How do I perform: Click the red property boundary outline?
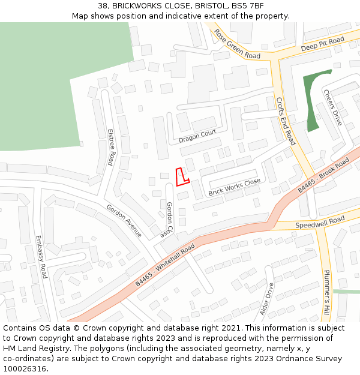coord(181,177)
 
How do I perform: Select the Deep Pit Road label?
coord(322,44)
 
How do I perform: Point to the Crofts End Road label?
coord(286,121)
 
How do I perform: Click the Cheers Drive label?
coord(332,107)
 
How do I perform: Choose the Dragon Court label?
coord(197,137)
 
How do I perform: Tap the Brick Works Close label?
coord(234,187)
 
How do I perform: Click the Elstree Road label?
coord(111,146)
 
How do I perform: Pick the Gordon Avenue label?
coord(124,221)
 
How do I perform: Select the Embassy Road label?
coord(41,256)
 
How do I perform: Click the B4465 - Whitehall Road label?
coord(165,265)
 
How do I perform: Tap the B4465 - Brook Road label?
coord(323,176)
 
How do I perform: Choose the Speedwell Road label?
coord(320,223)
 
